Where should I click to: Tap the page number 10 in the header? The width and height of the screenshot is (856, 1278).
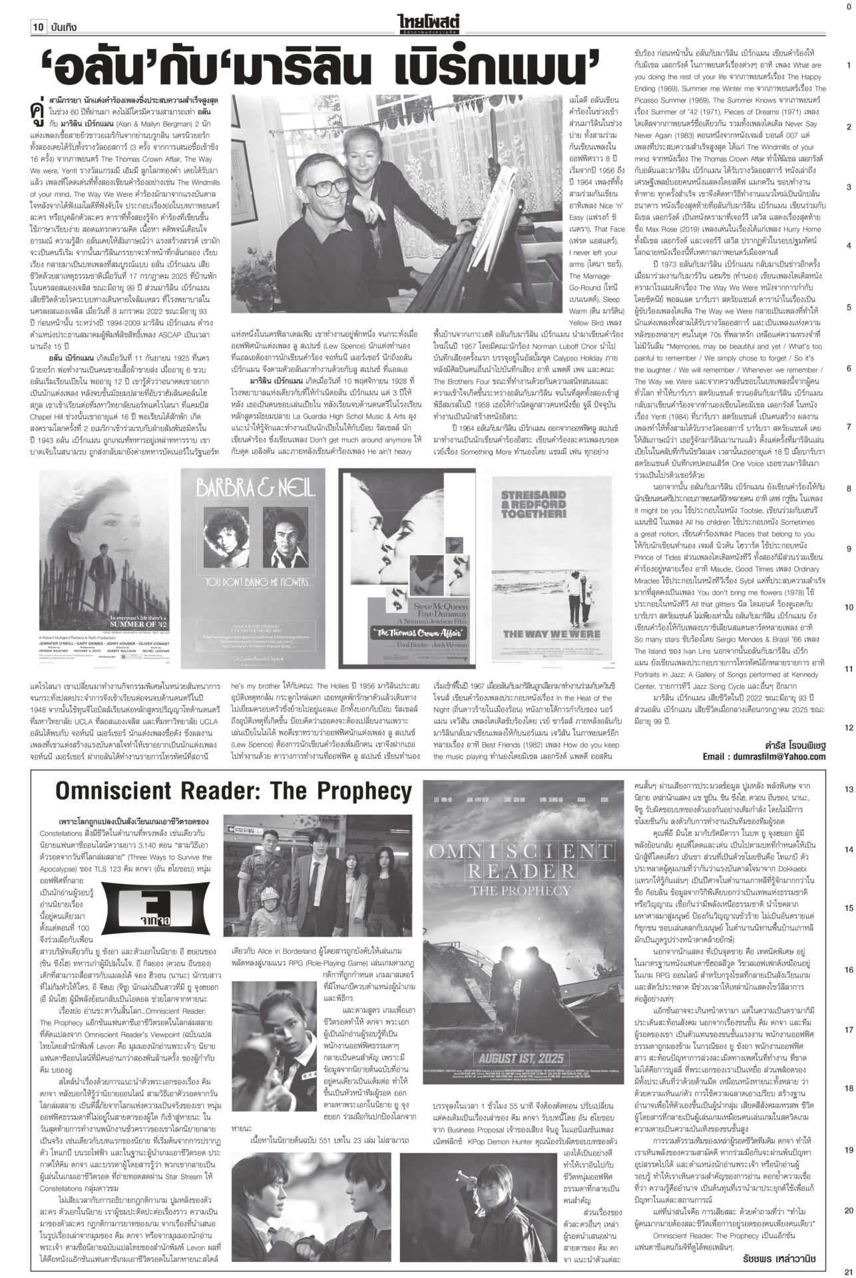point(37,27)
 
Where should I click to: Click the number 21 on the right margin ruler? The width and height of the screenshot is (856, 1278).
point(849,1271)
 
